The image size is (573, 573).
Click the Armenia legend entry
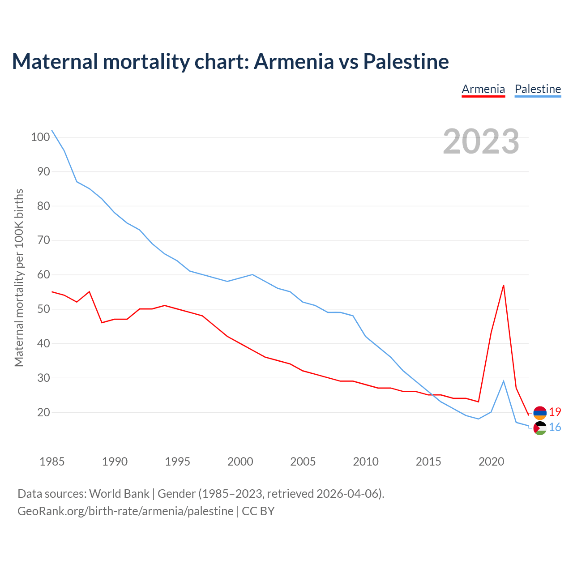(483, 89)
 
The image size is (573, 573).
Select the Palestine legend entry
(538, 89)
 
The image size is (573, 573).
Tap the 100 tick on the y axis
(40, 137)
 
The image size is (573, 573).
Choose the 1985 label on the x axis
(52, 461)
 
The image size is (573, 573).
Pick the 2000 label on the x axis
(240, 461)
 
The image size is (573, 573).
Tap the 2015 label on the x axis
(428, 461)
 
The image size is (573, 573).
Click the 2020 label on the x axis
(491, 461)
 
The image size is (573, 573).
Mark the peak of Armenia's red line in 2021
(504, 285)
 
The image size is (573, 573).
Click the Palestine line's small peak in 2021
(504, 381)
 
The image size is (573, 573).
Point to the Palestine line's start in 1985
(52, 130)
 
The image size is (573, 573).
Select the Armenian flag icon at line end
(540, 412)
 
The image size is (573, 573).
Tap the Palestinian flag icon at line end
(540, 428)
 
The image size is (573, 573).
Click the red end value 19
(555, 412)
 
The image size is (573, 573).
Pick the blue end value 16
(555, 428)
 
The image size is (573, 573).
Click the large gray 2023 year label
(481, 141)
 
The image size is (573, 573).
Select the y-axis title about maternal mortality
(19, 278)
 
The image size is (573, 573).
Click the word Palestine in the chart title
(406, 61)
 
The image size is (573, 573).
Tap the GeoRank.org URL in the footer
(125, 511)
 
